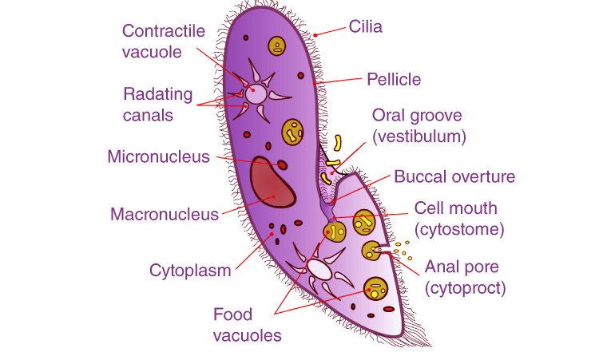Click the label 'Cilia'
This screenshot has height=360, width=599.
tap(366, 27)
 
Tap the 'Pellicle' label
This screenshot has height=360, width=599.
tap(394, 79)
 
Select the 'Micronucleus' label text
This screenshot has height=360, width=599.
tap(158, 156)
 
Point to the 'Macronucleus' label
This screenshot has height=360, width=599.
tap(165, 214)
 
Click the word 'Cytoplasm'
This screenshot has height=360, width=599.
tap(190, 270)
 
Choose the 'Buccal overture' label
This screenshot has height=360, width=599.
tap(454, 176)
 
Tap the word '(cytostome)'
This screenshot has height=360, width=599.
tap(458, 230)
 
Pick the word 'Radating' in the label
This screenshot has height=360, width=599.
tap(158, 94)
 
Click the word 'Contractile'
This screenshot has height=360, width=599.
tap(164, 31)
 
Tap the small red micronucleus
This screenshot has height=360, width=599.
tap(281, 164)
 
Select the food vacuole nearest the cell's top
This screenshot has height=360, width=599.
tap(277, 45)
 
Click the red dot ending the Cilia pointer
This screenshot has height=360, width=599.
tap(316, 34)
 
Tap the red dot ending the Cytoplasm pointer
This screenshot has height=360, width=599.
tap(271, 235)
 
